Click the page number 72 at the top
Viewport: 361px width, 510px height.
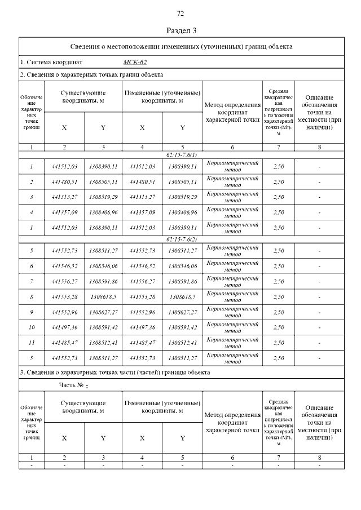pyautogui.click(x=180, y=14)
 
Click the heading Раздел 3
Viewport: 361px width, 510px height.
pyautogui.click(x=180, y=30)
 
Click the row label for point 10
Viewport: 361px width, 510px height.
pyautogui.click(x=32, y=327)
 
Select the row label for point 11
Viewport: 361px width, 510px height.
pyautogui.click(x=32, y=342)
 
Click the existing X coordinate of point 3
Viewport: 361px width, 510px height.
pyautogui.click(x=64, y=197)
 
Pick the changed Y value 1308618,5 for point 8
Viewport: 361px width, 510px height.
pyautogui.click(x=183, y=296)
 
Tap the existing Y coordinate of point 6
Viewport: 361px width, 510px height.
pyautogui.click(x=103, y=265)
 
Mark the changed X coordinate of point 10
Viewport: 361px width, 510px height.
pyautogui.click(x=142, y=327)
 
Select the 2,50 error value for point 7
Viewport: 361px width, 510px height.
pyautogui.click(x=278, y=281)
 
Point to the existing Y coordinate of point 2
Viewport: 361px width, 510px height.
pyautogui.click(x=103, y=182)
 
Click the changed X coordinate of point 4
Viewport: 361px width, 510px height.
pyautogui.click(x=142, y=212)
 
